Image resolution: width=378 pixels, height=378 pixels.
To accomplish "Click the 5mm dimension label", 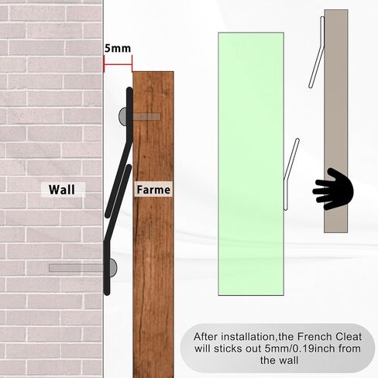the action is point(118,48).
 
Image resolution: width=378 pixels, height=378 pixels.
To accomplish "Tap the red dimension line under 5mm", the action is point(118,64).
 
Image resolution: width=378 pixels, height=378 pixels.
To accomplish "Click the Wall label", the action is point(62,190).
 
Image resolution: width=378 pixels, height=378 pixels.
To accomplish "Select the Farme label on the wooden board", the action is point(153,190).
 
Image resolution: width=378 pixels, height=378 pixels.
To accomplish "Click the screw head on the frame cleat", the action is point(122,117).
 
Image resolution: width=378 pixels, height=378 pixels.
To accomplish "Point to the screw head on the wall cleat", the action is point(113,267).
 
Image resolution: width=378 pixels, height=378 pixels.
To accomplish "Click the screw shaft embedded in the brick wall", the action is point(76,268).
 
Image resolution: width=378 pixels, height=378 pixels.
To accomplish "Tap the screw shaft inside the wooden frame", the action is point(146,117).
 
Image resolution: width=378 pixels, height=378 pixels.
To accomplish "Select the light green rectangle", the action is point(251,164).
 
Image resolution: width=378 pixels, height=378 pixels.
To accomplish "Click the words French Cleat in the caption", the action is point(329,337).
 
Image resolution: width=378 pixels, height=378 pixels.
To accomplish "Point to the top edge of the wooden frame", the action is point(153,71).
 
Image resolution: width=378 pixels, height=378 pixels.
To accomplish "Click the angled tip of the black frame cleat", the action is point(108,215).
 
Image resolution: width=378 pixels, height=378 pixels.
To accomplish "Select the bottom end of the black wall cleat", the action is point(107,292).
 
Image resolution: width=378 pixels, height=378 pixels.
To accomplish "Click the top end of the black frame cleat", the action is point(129,90).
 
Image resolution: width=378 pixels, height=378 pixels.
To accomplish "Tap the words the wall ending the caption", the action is point(279,360).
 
